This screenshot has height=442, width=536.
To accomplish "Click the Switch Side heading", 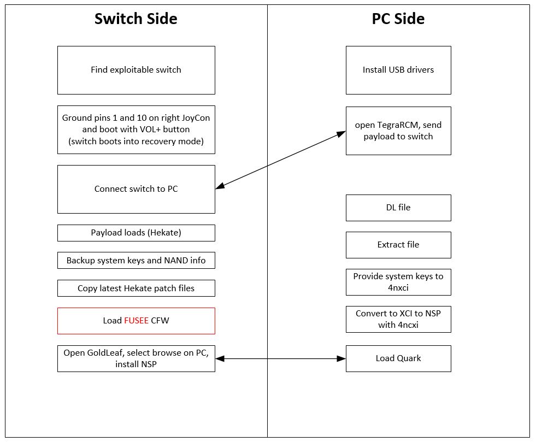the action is (x=136, y=19).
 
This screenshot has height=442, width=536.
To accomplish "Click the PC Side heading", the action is (x=398, y=19).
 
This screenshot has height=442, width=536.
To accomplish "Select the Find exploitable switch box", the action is (x=136, y=70).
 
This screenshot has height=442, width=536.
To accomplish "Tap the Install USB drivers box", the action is (x=398, y=70).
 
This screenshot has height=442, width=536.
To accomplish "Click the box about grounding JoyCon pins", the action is (x=136, y=129).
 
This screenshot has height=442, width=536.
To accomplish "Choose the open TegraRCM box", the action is (x=398, y=131).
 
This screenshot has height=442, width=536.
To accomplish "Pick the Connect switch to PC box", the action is (x=136, y=189).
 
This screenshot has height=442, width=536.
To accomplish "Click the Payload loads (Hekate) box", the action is (x=136, y=233).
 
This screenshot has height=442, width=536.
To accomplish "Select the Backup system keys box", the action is (x=136, y=260).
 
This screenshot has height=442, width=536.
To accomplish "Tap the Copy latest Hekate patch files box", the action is (x=136, y=288).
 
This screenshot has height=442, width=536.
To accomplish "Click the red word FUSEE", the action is (x=136, y=320).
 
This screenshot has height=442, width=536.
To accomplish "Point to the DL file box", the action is (x=398, y=208).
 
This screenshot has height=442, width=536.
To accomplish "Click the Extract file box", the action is (x=398, y=245).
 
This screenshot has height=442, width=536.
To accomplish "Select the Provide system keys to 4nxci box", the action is (x=398, y=282).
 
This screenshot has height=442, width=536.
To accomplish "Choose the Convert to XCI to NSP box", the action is (x=398, y=319).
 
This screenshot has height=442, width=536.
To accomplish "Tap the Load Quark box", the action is (x=398, y=358).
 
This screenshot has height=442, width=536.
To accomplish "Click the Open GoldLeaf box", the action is (x=136, y=358).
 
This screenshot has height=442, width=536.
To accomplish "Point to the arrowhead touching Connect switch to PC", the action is (x=220, y=186).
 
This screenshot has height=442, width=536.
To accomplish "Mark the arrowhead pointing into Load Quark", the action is (x=341, y=358).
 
